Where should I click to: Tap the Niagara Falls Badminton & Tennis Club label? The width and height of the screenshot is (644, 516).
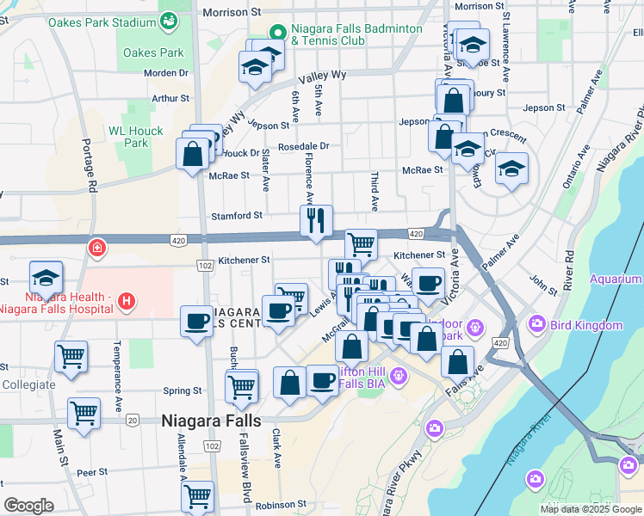(x=356, y=34)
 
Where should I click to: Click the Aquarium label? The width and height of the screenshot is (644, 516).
(x=616, y=279)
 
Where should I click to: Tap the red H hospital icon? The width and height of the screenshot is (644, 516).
(x=126, y=301)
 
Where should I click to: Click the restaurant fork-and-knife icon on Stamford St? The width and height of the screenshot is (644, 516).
(x=316, y=219)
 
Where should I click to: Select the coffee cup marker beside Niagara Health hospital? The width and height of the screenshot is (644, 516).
(x=196, y=321)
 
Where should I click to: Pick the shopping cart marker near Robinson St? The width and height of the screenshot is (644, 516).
(x=198, y=495)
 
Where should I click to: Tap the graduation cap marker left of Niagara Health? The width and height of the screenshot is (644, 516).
(x=46, y=277)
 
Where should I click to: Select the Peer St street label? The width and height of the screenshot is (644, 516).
(x=91, y=472)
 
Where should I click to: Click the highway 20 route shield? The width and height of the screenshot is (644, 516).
(x=132, y=420)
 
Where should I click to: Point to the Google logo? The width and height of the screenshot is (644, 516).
(x=29, y=505)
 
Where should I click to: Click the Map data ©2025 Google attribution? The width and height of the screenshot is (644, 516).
(x=590, y=509)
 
